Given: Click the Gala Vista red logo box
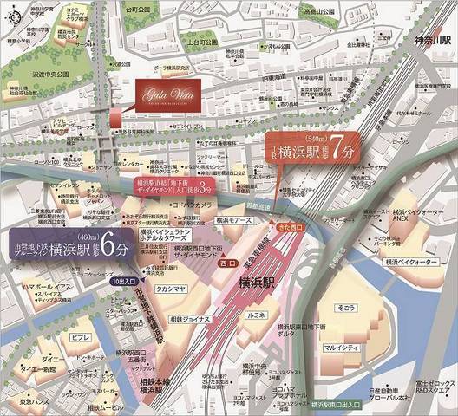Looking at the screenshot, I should click(x=167, y=91).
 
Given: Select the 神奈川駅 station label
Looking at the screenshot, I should click(x=430, y=41).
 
